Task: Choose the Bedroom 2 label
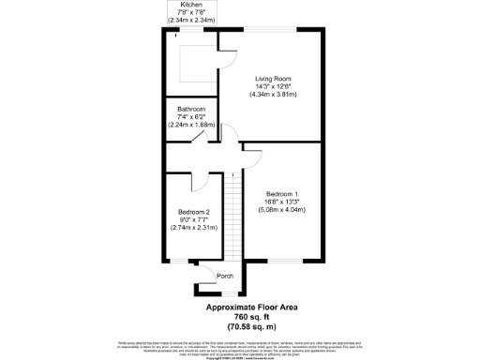click(x=194, y=212)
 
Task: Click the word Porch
click(x=225, y=276)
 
